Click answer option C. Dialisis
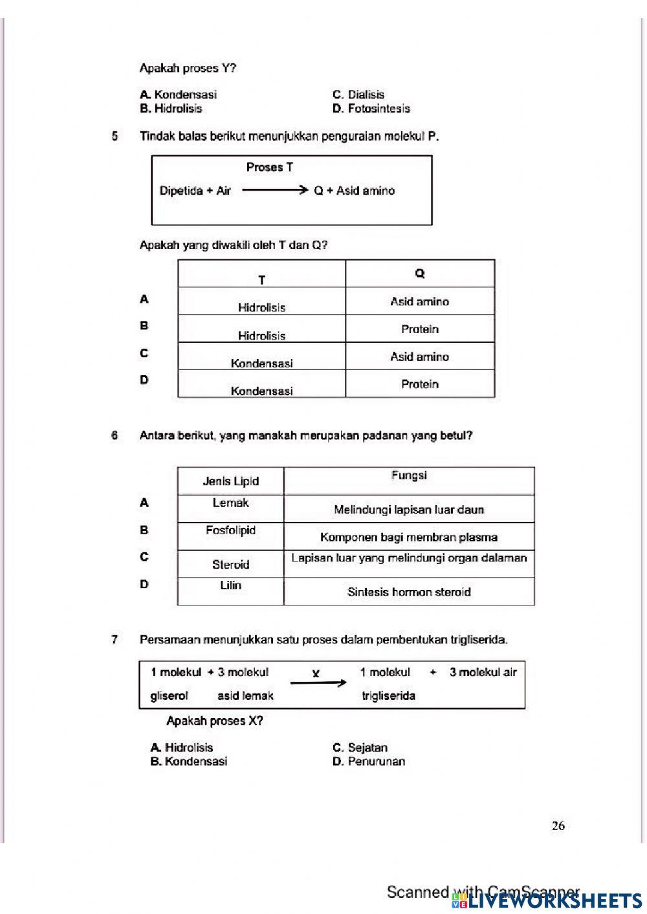tap(358, 94)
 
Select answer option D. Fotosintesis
tap(371, 109)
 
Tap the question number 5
tap(115, 136)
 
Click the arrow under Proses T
tap(274, 190)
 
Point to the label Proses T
tap(269, 168)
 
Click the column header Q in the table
tap(420, 274)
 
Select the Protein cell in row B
tap(420, 329)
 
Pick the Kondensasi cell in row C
tap(261, 363)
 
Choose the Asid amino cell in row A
tap(420, 301)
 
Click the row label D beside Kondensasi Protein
tap(144, 380)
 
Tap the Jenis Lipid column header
tap(230, 481)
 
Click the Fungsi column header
tap(409, 475)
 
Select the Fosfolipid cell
tap(230, 530)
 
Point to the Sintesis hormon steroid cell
tap(409, 592)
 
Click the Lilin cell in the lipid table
tap(230, 585)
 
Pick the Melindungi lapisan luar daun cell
tap(409, 510)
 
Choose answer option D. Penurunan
tap(368, 761)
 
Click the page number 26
tap(558, 825)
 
